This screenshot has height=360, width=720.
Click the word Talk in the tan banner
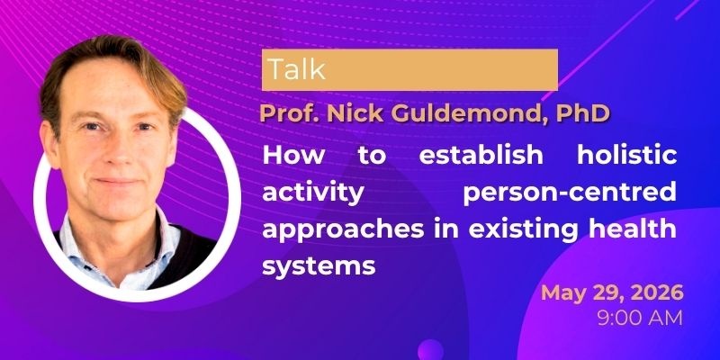[x=297, y=70]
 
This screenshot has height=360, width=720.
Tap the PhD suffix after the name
[x=582, y=113]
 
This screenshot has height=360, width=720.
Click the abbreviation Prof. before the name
[x=291, y=114]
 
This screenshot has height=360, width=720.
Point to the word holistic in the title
[x=626, y=155]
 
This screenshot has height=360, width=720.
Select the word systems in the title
[x=319, y=266]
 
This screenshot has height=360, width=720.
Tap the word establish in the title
[x=481, y=155]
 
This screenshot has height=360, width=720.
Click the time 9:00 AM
[x=640, y=318]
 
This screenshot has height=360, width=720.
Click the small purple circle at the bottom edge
[x=430, y=350]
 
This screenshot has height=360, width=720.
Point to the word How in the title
[x=293, y=155]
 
